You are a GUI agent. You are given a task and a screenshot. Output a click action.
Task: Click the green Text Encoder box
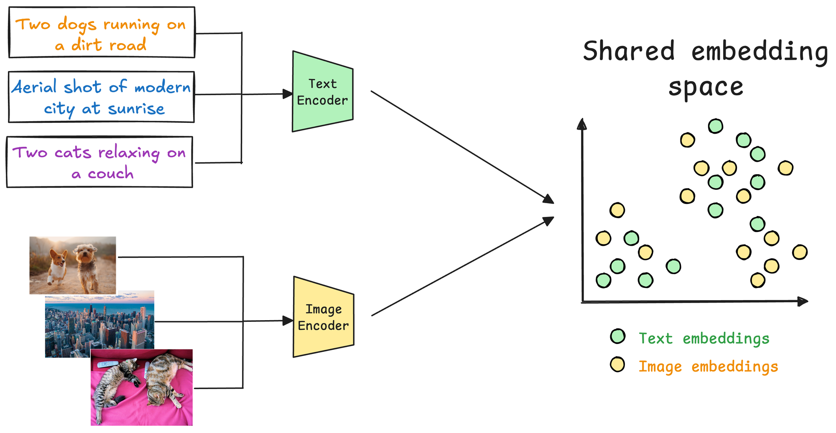322,92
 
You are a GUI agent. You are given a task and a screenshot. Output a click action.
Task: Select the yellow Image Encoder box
323,317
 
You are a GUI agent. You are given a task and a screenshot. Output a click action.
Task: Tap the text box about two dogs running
102,33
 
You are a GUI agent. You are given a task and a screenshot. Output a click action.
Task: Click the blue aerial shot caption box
102,97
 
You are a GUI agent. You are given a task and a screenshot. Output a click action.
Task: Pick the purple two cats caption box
99,162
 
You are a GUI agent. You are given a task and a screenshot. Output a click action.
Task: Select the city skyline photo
99,324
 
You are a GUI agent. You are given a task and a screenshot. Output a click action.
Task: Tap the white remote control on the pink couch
108,364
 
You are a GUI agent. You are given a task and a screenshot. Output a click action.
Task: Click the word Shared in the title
629,51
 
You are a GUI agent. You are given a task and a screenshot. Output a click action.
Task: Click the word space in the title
706,87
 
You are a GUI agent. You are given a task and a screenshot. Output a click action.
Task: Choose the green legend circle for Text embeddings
617,336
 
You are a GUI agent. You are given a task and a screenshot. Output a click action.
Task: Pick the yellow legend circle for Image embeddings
617,364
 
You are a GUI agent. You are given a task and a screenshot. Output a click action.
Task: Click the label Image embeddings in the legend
708,367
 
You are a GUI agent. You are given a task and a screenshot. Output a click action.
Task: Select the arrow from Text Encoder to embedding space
462,147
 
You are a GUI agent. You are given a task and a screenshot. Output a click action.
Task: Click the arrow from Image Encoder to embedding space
462,267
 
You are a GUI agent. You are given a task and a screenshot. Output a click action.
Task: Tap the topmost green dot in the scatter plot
716,126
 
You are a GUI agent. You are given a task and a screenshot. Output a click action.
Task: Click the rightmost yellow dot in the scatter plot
800,252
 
